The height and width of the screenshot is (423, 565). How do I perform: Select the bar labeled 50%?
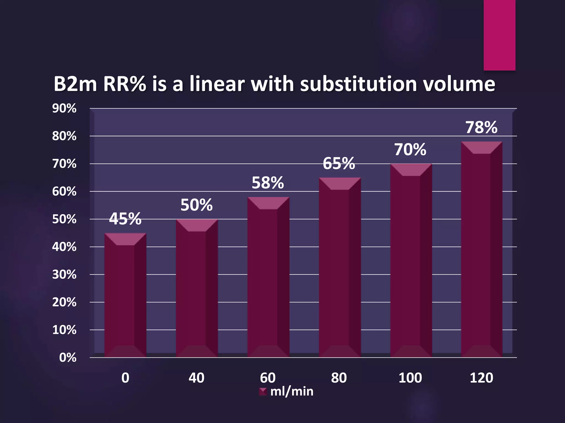[197, 289]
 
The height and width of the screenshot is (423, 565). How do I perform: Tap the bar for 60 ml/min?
[268, 278]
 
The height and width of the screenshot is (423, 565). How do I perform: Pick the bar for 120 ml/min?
[481, 251]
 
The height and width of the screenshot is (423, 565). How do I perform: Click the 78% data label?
[481, 128]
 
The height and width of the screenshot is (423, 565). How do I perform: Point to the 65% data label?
[339, 164]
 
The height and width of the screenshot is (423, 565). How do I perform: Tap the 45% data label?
[125, 219]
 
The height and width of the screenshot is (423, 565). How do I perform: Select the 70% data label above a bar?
[410, 150]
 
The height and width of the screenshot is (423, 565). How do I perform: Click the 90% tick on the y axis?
[64, 109]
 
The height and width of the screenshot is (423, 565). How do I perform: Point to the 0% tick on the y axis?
[68, 358]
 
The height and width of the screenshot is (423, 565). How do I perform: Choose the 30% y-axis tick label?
[64, 275]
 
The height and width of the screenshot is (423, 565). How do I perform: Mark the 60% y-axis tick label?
[64, 191]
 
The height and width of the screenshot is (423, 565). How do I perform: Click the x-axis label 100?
[410, 378]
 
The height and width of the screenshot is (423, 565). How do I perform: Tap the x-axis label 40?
[196, 378]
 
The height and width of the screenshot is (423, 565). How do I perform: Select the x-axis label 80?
[339, 378]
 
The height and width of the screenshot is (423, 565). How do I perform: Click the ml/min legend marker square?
[263, 392]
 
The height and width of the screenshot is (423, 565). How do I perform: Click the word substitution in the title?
[358, 84]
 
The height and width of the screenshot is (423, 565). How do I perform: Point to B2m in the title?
[75, 84]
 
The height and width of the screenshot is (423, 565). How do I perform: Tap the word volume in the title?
[459, 84]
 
